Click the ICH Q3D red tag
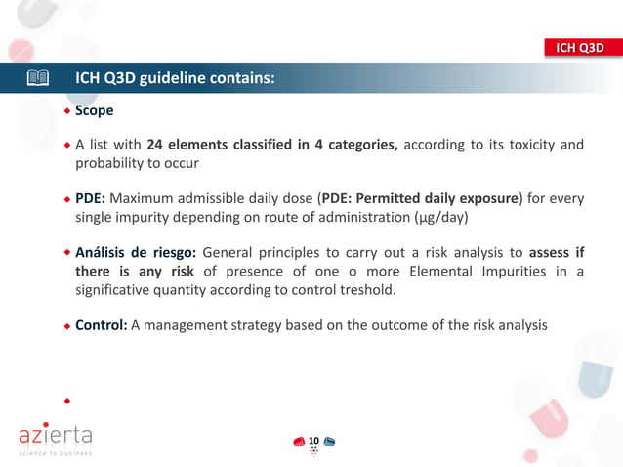pos(581,47)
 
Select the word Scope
pos(95,111)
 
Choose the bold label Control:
pos(102,325)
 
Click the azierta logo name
pos(57,432)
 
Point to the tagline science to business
pos(56,453)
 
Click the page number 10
pos(313,442)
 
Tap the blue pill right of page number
pos(330,443)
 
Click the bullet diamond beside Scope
pos(67,111)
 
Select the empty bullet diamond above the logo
pos(67,400)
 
